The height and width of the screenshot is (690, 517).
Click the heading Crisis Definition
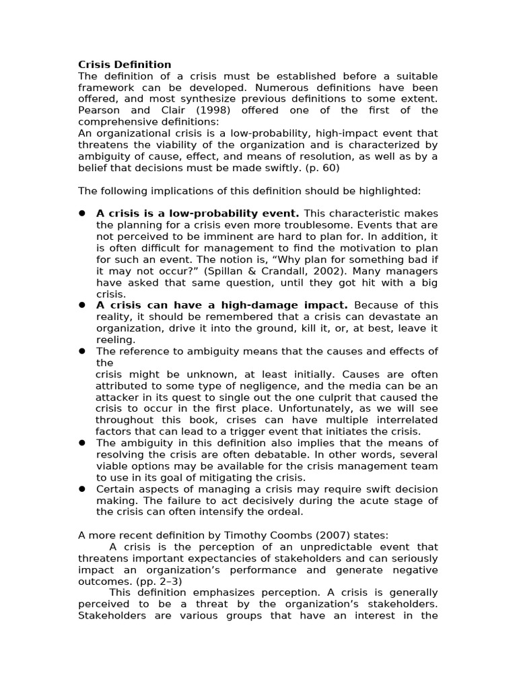(x=125, y=65)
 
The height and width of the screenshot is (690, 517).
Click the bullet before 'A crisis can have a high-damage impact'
(x=81, y=305)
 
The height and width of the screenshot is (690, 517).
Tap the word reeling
(x=115, y=340)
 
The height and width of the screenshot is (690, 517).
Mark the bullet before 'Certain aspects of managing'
(x=81, y=489)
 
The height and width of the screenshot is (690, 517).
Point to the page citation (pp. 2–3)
(x=158, y=582)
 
